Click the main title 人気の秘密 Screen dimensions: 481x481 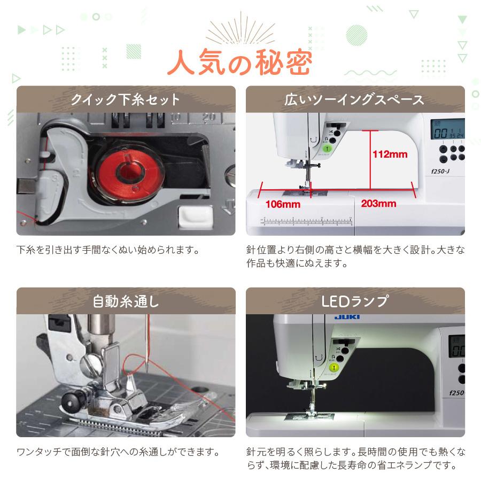[239, 63]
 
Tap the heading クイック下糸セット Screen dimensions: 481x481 [126, 99]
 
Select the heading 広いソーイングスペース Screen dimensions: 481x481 [355, 99]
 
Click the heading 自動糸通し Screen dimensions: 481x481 [126, 301]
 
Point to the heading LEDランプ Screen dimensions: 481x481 [355, 301]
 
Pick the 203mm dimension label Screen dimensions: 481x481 [378, 204]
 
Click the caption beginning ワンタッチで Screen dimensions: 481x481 [118, 452]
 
